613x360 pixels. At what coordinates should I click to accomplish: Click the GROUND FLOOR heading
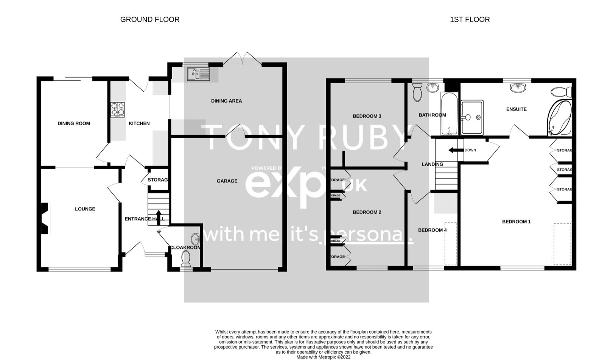point(149,19)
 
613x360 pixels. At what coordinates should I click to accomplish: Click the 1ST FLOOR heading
point(470,19)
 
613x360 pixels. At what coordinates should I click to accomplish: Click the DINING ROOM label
point(74,123)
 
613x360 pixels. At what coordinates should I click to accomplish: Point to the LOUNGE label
point(85,209)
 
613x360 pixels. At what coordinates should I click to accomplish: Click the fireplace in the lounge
point(45,218)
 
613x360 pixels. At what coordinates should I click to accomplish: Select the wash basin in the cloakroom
point(196,239)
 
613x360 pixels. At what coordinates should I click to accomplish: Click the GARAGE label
point(227,181)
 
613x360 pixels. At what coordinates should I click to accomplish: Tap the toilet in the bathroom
point(417,92)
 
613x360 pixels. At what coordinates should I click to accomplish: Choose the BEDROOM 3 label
point(367,116)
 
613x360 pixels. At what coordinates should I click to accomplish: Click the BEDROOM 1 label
point(516,222)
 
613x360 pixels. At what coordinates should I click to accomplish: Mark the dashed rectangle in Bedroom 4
point(450,243)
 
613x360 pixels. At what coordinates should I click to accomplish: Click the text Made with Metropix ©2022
point(323,357)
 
